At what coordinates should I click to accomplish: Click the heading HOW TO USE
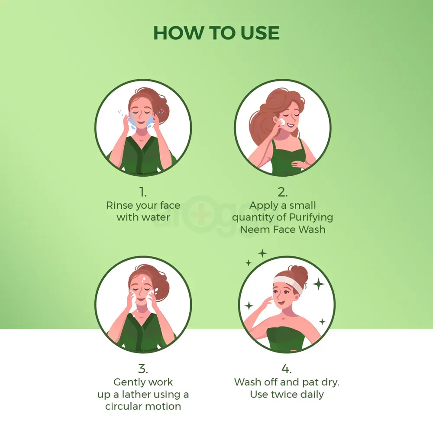pyautogui.click(x=216, y=33)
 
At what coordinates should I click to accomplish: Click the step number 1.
pyautogui.click(x=143, y=191)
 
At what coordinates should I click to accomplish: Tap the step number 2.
pyautogui.click(x=282, y=191)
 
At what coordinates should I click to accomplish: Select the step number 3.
pyautogui.click(x=143, y=368)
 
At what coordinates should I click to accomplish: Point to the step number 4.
pyautogui.click(x=286, y=368)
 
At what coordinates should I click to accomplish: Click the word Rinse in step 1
pyautogui.click(x=120, y=205)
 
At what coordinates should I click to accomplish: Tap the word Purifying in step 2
pyautogui.click(x=309, y=217)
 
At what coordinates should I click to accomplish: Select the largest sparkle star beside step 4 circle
pyautogui.click(x=319, y=284)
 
